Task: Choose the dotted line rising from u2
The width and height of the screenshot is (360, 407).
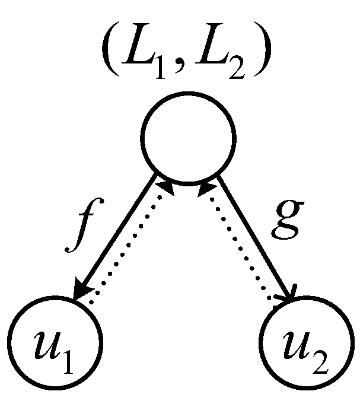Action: click(x=243, y=249)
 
